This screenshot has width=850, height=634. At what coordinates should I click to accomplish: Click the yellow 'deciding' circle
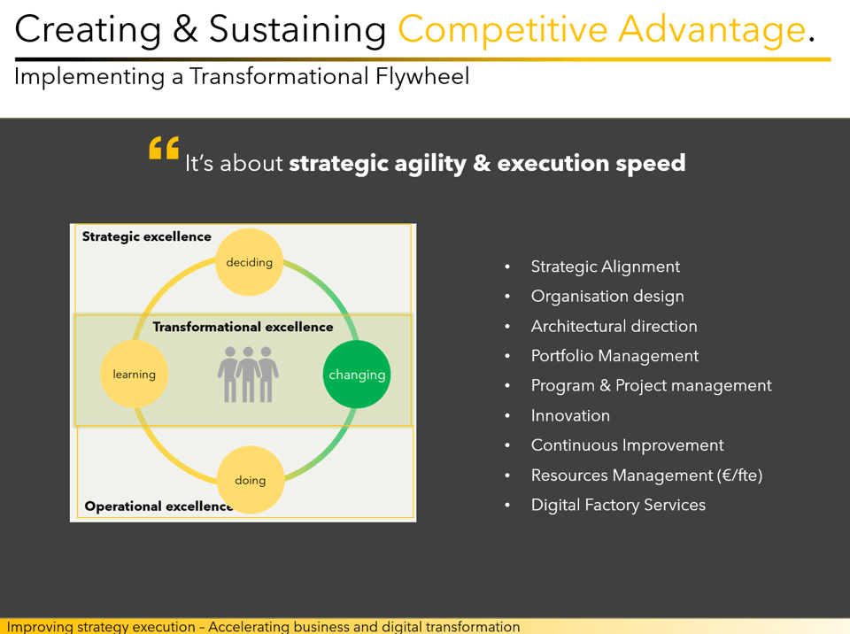point(250,262)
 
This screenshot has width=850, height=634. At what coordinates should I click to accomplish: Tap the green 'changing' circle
point(357,375)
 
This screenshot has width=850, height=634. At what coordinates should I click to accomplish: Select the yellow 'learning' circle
point(134,374)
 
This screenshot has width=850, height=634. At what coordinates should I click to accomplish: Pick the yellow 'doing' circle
point(251,480)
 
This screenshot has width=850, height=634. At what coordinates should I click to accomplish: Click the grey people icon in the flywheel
point(248,375)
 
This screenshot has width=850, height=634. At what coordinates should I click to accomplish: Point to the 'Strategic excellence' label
point(146,237)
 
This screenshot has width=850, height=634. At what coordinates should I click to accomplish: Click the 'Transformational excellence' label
point(243,327)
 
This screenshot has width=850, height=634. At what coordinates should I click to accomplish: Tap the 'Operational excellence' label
point(158,506)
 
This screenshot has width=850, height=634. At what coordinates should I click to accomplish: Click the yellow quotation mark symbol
point(164,148)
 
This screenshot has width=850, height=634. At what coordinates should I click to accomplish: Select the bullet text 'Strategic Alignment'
point(606,267)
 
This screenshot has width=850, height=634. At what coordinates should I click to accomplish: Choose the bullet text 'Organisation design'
point(607,297)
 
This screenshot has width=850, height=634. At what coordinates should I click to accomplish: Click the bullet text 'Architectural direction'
point(614,326)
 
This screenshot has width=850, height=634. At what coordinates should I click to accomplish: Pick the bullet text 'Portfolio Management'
point(614,356)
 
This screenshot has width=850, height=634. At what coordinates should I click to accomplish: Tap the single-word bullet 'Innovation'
point(570,415)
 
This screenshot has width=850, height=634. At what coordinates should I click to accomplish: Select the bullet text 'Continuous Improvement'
point(627,445)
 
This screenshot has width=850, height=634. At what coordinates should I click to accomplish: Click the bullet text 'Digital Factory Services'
point(618,505)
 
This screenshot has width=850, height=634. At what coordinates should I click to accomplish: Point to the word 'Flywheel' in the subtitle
point(422,76)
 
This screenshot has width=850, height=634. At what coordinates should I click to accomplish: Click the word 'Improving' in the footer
point(40,627)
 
